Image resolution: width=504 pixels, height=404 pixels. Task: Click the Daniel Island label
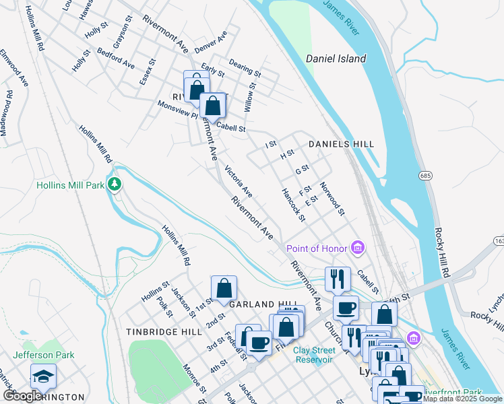coord(336,59)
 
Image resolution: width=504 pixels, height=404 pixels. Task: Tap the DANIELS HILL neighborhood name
coord(341,144)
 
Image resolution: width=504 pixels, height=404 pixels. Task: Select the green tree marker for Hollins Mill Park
coord(115,184)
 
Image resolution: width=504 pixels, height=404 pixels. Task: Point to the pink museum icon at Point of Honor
coord(358,249)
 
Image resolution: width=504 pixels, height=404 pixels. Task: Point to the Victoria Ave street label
coord(238,182)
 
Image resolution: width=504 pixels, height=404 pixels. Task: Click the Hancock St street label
coord(294,205)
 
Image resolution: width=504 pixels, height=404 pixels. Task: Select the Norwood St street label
coord(332,199)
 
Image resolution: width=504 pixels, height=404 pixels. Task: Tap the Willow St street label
coord(250,97)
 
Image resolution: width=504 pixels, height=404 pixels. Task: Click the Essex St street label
coord(148,71)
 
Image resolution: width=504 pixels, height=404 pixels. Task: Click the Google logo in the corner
coord(22,396)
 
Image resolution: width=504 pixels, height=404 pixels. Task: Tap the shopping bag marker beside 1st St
coord(224,288)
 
